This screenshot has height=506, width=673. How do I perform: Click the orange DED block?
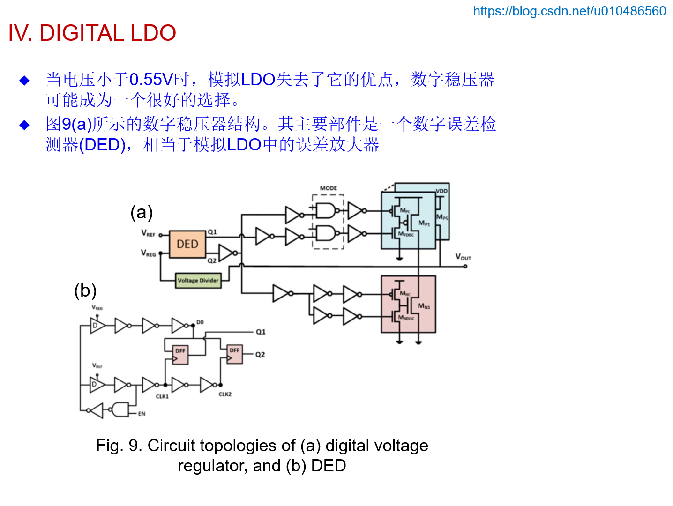pos(187,244)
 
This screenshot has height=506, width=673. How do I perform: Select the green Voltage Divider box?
pos(198,280)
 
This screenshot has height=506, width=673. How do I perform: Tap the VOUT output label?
pos(463,257)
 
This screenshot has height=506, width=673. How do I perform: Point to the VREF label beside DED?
pos(148,233)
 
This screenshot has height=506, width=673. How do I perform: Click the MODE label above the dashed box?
pos(328,188)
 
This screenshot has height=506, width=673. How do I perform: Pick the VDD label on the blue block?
pos(441,191)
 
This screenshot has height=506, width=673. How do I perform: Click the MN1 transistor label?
pos(424,306)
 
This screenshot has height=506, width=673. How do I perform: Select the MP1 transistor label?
pos(424,223)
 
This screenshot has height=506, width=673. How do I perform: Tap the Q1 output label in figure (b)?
pos(261,332)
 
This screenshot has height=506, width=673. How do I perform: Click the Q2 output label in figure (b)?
pos(260,355)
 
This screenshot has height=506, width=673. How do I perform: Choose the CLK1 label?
pos(162,396)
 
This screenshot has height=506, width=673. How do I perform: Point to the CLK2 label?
pos(225,394)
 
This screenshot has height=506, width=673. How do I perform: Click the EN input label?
pos(142,414)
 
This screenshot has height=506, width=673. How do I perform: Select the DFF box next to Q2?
pos(235,355)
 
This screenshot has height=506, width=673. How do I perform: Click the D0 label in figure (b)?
pos(200,322)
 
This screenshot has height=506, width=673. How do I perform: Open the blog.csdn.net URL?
pos(569,11)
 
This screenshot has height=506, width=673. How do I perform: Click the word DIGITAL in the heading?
pos(82,33)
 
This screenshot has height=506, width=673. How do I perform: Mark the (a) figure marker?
pos(142,212)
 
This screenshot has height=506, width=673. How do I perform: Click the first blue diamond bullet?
pos(24,81)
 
